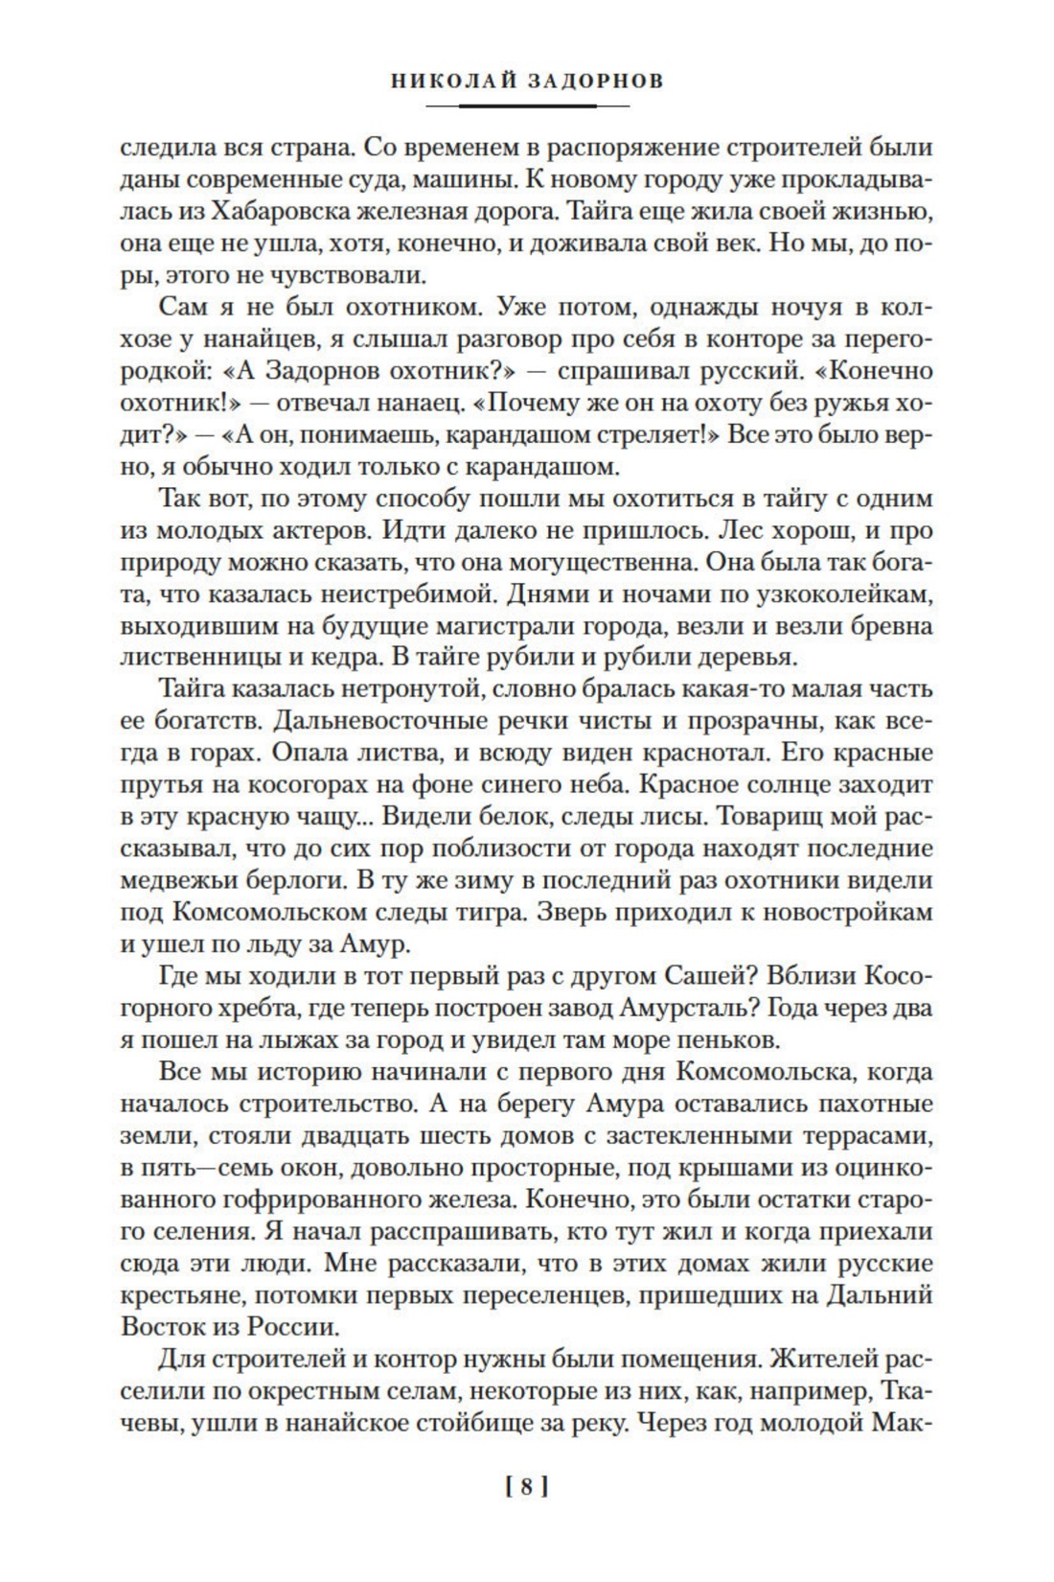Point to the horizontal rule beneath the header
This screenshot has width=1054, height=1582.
[526, 105]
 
